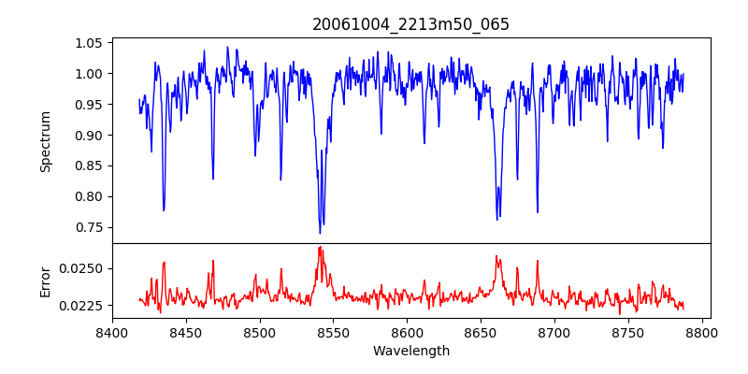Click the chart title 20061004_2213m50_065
pos(410,25)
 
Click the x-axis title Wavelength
pos(410,352)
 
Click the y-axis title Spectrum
pos(45,140)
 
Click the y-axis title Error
pos(45,280)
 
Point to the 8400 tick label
pos(112,332)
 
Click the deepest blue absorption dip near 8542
pos(320,233)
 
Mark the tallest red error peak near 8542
pos(320,247)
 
